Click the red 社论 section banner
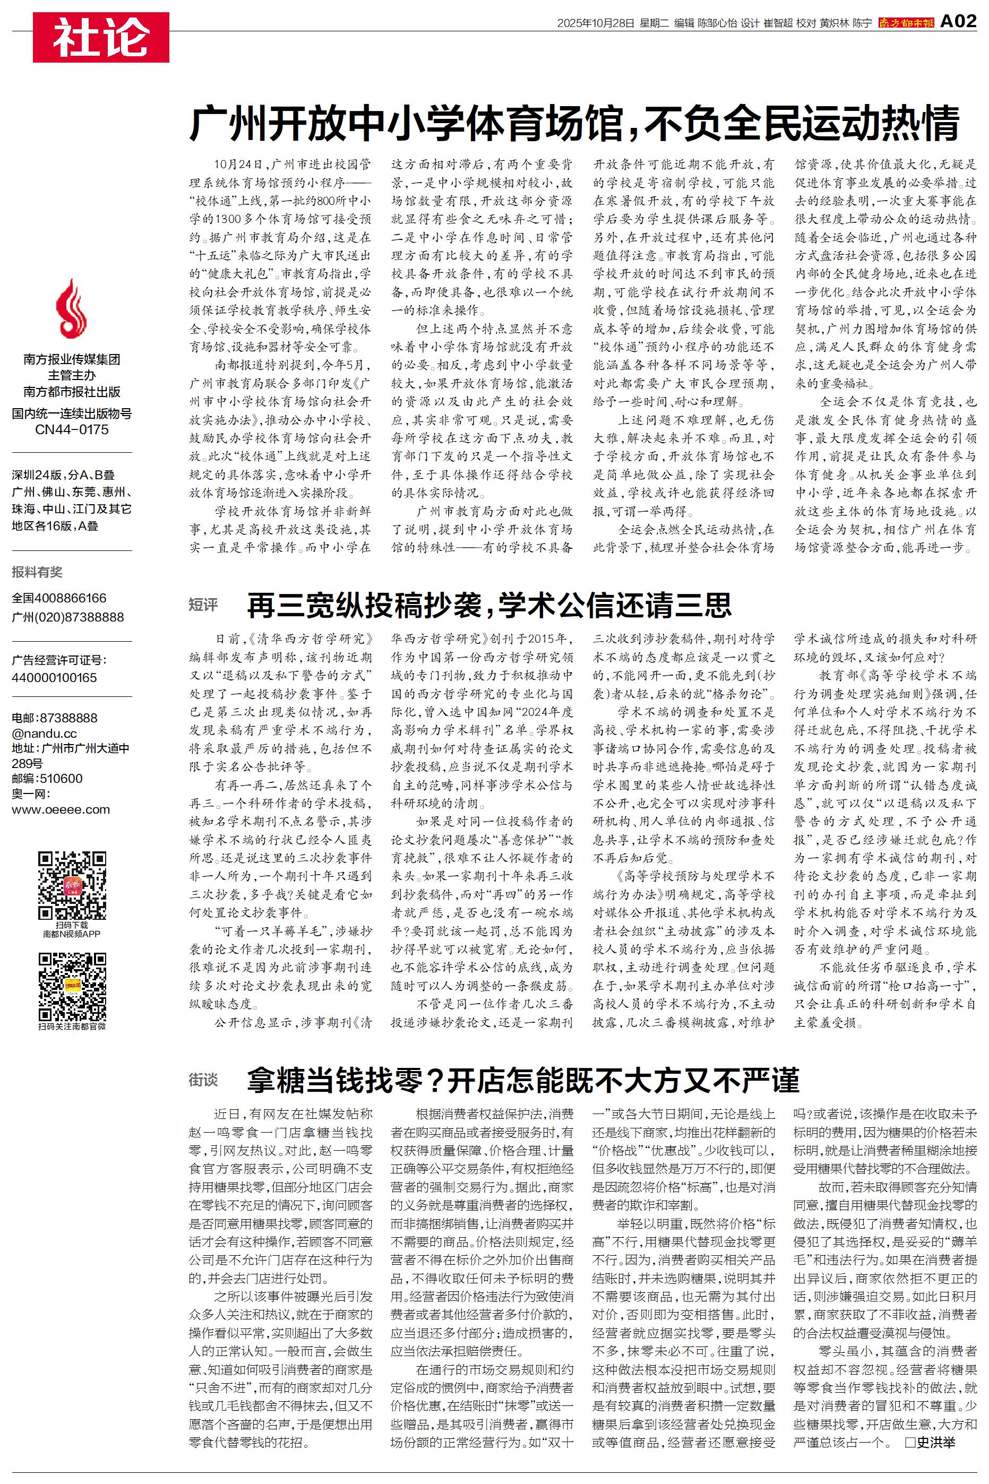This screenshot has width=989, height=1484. tap(101, 37)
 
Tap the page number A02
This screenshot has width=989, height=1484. tap(958, 22)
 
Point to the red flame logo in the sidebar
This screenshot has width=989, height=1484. tap(71, 309)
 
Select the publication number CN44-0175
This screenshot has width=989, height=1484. tap(71, 430)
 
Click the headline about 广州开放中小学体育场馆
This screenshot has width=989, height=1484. tap(574, 123)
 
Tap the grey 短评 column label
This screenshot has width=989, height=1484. tap(203, 605)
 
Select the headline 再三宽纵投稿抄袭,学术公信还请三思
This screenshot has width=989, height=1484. tap(489, 605)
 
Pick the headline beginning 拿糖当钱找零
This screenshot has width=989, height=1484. tap(523, 1081)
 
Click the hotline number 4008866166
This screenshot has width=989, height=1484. tap(71, 598)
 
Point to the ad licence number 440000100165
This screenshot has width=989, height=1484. tap(54, 678)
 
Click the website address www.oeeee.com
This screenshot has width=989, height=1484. tap(61, 809)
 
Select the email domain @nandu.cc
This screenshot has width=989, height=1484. tap(44, 733)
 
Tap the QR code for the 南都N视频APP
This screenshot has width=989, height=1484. tap(72, 886)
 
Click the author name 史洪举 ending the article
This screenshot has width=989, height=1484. tap(936, 1442)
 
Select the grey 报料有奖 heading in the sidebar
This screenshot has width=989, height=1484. tap(37, 572)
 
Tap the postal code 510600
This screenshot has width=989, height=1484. tap(61, 779)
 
